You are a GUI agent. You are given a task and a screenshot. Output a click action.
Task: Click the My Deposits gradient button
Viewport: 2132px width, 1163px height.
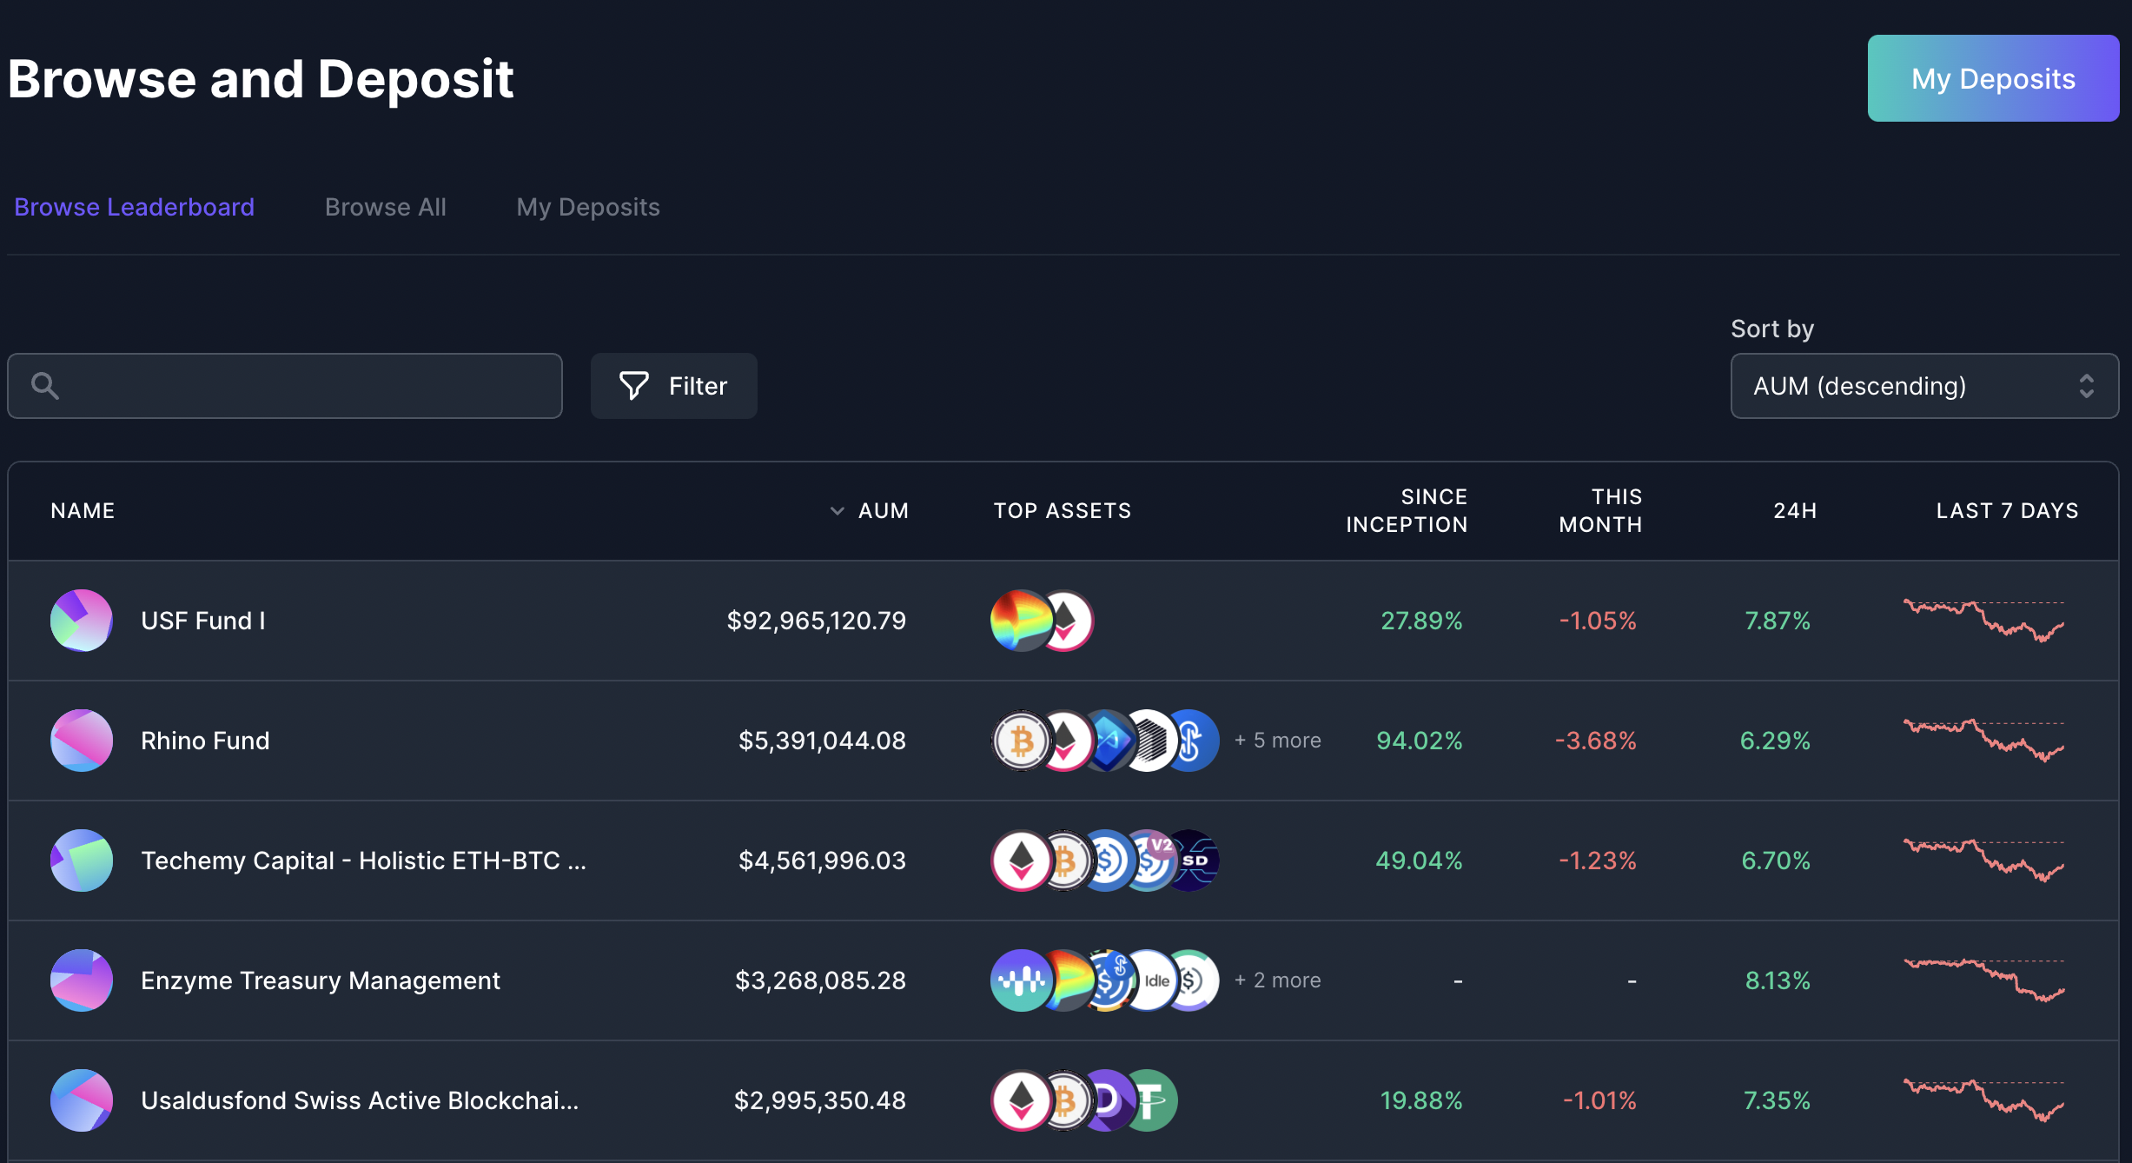(x=1992, y=78)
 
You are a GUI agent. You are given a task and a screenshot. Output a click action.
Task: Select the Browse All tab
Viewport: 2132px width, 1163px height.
(x=385, y=207)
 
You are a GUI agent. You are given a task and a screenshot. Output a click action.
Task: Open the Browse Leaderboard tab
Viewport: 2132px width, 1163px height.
(x=134, y=207)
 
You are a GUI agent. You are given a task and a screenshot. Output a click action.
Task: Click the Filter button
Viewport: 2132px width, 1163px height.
(x=673, y=386)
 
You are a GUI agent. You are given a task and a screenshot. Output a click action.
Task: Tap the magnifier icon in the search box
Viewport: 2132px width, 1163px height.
(x=45, y=386)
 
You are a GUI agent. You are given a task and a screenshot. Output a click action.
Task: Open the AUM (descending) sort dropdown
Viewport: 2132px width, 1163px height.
(x=1923, y=386)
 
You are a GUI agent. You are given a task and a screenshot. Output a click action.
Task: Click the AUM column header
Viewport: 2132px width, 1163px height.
(x=882, y=511)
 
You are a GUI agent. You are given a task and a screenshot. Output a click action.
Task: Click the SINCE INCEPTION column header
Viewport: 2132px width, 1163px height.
(x=1406, y=511)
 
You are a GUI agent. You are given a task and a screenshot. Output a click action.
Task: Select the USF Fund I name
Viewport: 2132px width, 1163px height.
(x=202, y=621)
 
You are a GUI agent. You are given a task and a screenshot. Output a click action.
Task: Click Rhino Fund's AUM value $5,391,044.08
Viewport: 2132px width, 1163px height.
(x=821, y=741)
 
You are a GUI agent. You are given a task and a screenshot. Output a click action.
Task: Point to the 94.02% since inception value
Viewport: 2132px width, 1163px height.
(x=1419, y=741)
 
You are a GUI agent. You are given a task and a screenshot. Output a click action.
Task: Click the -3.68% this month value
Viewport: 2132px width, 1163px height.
(x=1595, y=741)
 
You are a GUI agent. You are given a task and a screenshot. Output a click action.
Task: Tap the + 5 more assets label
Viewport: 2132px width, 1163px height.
(x=1277, y=741)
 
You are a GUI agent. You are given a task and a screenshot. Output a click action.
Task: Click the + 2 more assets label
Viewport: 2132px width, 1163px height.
(x=1277, y=980)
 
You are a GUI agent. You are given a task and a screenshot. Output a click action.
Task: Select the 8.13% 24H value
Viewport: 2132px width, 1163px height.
(x=1777, y=980)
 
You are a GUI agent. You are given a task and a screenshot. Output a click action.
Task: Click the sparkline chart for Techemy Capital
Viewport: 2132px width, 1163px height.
(x=1983, y=861)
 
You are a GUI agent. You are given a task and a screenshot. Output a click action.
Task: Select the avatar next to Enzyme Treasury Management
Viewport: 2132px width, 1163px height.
(x=82, y=980)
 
